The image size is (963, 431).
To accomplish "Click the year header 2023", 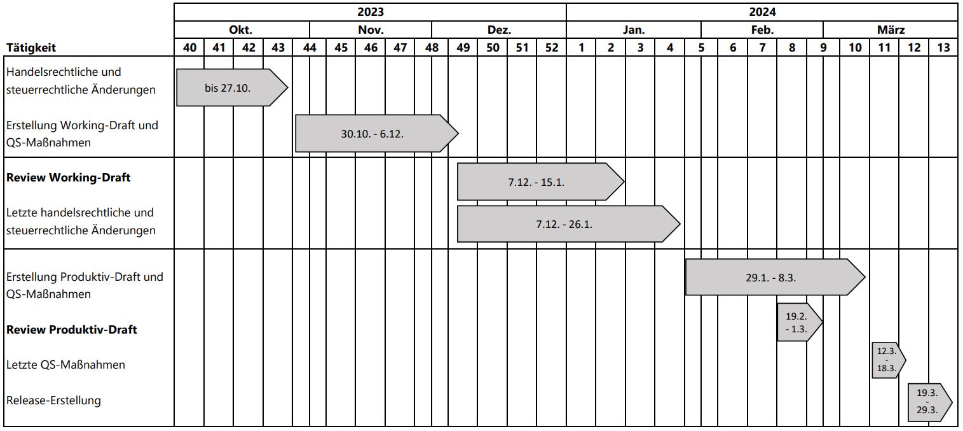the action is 370,11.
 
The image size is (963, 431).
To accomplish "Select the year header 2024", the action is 762,11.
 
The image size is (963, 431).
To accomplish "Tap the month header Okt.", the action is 240,30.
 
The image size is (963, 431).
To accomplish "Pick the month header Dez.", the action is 499,30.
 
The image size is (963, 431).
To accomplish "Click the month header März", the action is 891,30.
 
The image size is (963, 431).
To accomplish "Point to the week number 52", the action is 552,47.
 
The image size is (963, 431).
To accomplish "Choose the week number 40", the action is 189,47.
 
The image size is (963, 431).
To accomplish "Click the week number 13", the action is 943,47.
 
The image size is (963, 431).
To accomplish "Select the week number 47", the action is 400,47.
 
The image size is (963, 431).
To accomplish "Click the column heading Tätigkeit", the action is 31,47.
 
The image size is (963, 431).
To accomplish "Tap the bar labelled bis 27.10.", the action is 232,87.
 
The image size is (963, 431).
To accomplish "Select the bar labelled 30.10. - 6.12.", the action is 376,134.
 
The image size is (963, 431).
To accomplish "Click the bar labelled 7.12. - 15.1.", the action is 540,181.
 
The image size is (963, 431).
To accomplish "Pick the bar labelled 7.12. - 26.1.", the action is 568,224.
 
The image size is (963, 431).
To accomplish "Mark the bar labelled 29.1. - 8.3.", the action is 775,278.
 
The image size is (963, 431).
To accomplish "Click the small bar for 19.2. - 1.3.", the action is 800,323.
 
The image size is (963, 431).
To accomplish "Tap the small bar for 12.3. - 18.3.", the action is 889,360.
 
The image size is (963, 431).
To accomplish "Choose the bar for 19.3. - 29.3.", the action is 930,402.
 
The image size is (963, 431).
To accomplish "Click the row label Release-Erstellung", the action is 53,400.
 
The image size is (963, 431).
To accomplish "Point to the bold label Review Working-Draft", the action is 68,178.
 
